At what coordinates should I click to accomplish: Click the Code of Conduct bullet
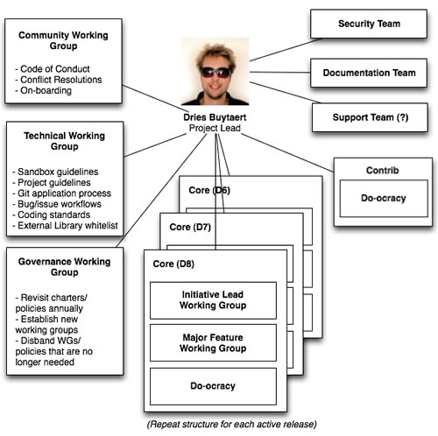pyautogui.click(x=53, y=68)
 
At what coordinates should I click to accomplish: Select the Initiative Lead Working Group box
pyautogui.click(x=213, y=299)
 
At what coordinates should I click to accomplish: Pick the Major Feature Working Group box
pyautogui.click(x=213, y=342)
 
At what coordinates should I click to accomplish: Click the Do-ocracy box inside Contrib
pyautogui.click(x=383, y=198)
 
